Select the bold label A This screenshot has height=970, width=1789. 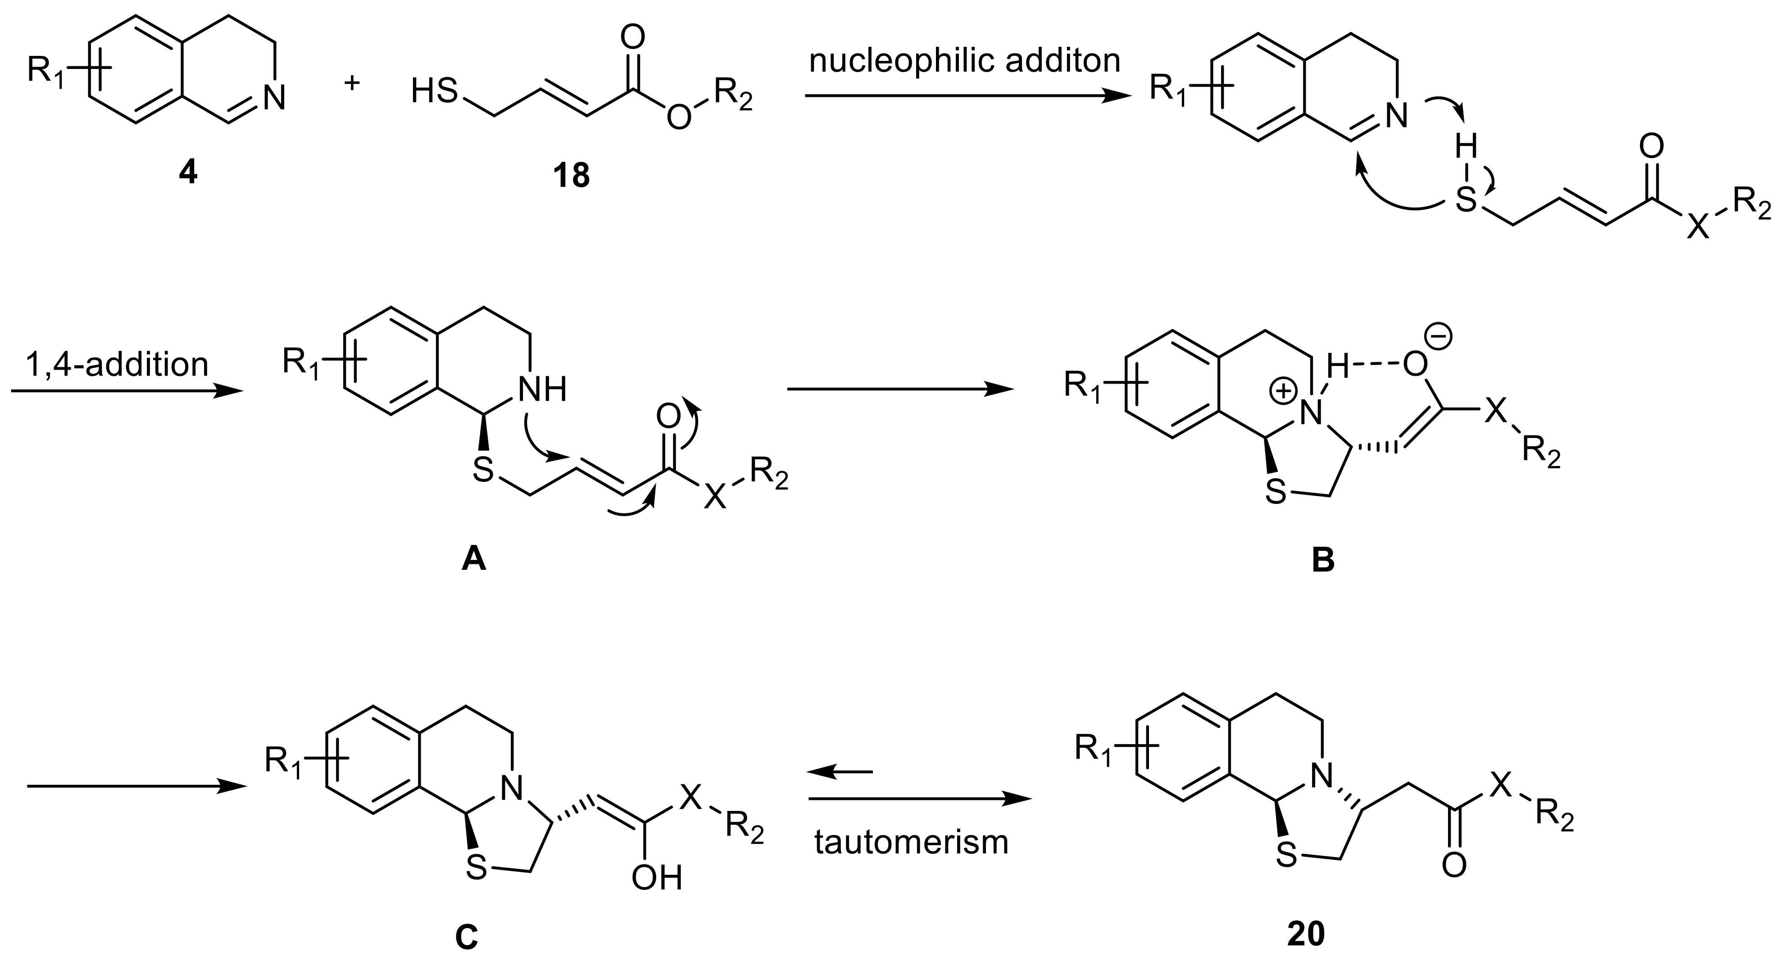pyautogui.click(x=474, y=558)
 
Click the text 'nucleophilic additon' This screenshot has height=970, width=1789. pyautogui.click(x=965, y=61)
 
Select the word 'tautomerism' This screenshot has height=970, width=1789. pyautogui.click(x=911, y=842)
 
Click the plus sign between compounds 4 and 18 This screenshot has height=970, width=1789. pyautogui.click(x=353, y=82)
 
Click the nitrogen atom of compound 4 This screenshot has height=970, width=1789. pyautogui.click(x=274, y=98)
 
